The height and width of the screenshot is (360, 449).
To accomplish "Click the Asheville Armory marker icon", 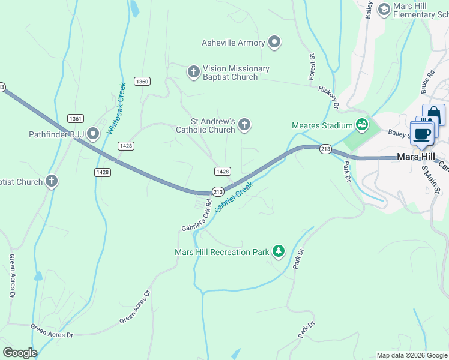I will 275,43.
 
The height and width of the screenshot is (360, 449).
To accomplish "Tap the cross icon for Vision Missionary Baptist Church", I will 193,73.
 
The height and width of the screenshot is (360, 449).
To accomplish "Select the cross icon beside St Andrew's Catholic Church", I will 244,125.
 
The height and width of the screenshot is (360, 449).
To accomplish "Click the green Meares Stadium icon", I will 362,125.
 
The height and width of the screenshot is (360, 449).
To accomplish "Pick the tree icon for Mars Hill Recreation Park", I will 278,251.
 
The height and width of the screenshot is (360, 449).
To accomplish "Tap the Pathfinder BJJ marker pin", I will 93,133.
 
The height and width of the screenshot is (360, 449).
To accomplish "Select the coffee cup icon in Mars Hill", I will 421,133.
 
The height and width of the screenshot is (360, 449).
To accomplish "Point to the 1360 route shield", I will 142,82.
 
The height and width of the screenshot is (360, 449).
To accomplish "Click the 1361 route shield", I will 76,118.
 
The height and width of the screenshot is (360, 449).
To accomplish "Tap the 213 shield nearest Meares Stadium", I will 325,149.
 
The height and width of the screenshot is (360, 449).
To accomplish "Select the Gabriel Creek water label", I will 234,196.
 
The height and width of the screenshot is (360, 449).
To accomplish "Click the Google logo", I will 20,353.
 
